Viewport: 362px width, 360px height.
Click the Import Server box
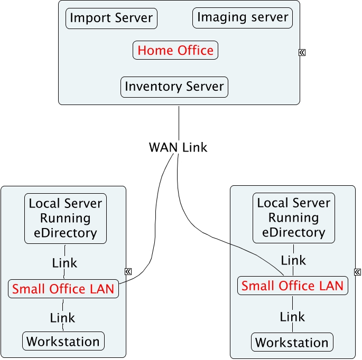(112, 18)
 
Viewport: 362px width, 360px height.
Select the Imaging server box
(243, 17)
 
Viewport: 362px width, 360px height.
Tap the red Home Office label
(175, 51)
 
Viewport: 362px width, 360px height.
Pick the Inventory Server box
(174, 87)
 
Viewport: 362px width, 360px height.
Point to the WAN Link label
(178, 147)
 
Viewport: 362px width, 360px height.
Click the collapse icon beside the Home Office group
(302, 52)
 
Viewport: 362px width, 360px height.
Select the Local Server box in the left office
(66, 217)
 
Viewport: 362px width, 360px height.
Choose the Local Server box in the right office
(294, 217)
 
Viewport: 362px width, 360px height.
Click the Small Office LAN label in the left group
(63, 289)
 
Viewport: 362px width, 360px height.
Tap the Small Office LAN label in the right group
(292, 286)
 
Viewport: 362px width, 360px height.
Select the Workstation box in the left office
(63, 341)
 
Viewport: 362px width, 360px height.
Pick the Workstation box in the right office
(292, 342)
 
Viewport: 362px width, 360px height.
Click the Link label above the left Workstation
(63, 318)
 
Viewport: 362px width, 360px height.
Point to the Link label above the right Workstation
(292, 317)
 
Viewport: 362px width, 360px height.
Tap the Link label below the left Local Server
(64, 262)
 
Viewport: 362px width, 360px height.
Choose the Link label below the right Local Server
(293, 260)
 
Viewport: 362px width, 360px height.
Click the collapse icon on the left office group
(128, 271)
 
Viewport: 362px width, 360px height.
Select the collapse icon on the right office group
(357, 272)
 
